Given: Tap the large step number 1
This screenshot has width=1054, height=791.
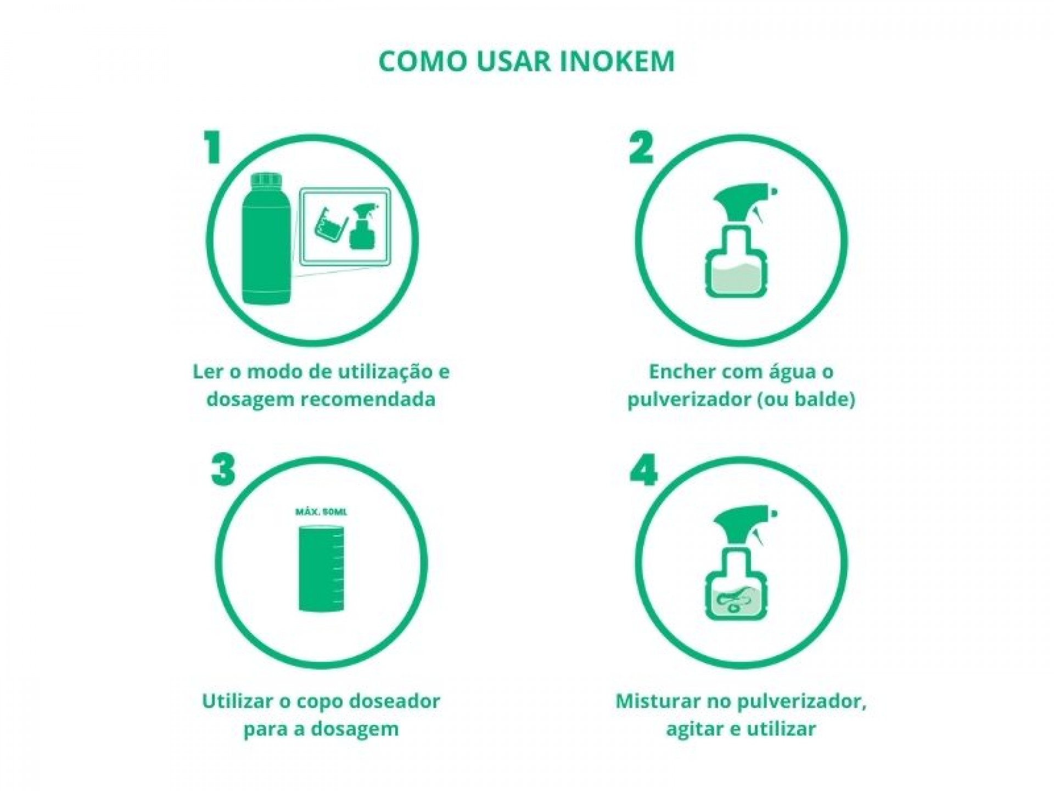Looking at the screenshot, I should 212,147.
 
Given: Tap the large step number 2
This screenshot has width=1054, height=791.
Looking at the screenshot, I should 641,147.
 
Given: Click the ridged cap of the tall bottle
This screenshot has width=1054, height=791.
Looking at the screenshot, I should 266,181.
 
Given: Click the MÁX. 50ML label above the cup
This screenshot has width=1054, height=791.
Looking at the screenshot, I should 321,512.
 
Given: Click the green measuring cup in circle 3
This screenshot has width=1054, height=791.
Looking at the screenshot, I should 321,569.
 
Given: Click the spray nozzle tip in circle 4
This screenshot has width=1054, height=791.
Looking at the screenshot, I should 775,515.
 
